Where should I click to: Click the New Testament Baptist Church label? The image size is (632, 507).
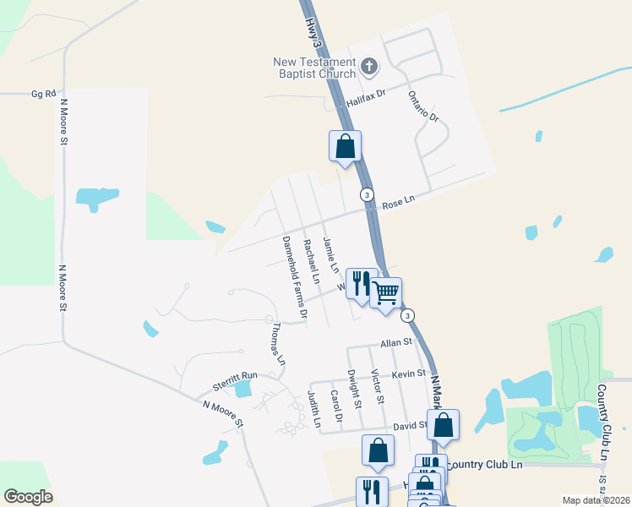point(313,68)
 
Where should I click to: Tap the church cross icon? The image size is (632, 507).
point(368,65)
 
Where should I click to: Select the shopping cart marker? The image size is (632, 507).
point(386,293)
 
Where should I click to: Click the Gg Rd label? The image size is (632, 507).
point(43,94)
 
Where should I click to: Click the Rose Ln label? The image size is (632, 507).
point(399,204)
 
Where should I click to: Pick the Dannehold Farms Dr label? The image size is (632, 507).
point(291,278)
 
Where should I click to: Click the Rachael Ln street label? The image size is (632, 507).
point(312,261)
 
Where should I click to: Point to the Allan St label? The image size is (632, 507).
point(395,343)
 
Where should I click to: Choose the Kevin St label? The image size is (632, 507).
point(407,373)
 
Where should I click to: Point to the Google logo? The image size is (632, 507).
point(28,497)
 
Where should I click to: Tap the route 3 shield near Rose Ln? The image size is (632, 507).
point(367,194)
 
